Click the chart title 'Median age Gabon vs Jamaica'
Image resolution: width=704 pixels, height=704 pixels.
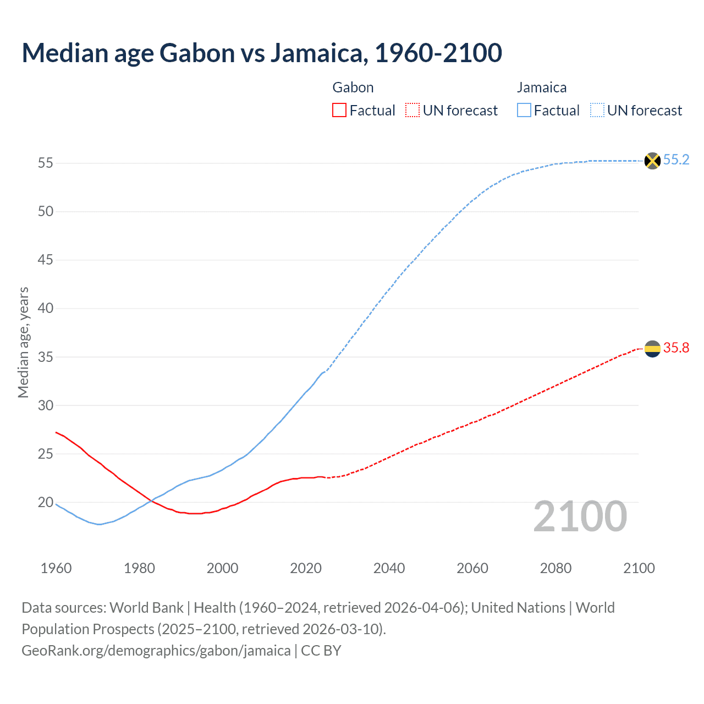(x=262, y=53)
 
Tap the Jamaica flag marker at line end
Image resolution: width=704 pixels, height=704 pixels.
(x=652, y=161)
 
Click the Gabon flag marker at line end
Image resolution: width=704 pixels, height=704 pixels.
(x=652, y=349)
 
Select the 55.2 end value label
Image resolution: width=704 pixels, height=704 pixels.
(x=676, y=160)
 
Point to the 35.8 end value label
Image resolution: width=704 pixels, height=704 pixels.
(x=676, y=348)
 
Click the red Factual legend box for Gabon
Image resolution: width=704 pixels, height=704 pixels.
(x=339, y=111)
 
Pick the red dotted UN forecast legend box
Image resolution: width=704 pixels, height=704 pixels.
(x=413, y=111)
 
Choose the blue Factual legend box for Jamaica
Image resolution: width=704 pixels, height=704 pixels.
(x=524, y=111)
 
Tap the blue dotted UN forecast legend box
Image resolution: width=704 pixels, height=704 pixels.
(x=597, y=111)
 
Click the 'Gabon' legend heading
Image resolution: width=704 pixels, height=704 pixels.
(x=353, y=87)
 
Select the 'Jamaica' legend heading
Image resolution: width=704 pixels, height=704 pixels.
(x=541, y=87)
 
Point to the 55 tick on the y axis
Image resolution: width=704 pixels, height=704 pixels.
(x=45, y=163)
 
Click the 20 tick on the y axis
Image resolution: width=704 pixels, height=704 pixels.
(x=45, y=503)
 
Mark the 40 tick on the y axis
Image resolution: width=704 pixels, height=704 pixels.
(x=45, y=309)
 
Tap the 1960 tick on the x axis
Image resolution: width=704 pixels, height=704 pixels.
(x=56, y=568)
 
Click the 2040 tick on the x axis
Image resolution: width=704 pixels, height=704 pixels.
(x=389, y=568)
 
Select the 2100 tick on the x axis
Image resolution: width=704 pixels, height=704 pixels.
(x=639, y=568)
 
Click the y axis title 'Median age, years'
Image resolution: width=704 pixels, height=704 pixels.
(x=23, y=342)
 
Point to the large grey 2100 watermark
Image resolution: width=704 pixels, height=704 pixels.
(x=580, y=516)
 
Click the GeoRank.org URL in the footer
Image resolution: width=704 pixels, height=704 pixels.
(x=156, y=651)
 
